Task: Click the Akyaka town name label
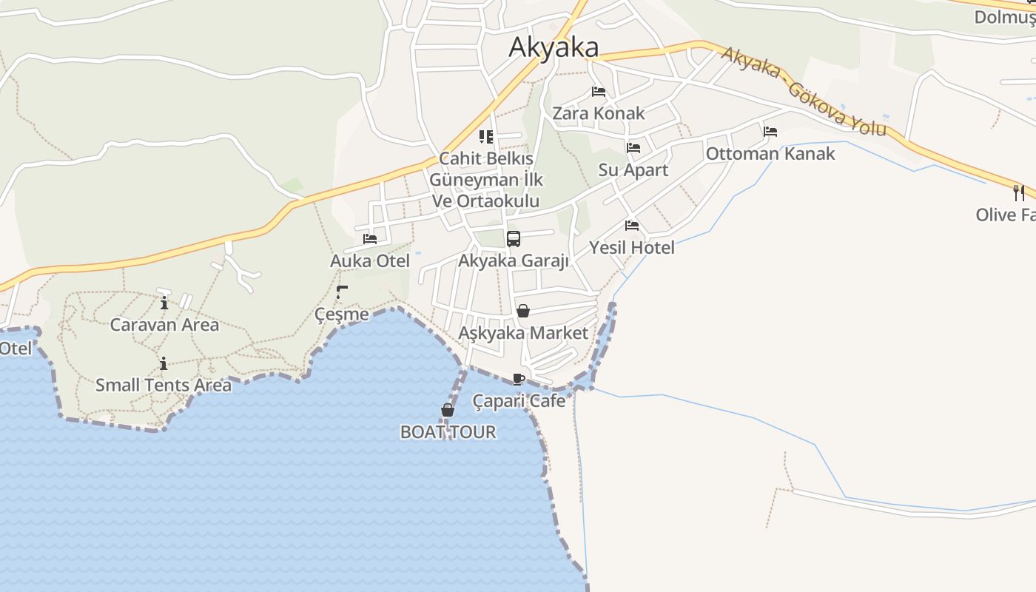(554, 47)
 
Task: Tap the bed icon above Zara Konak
(599, 92)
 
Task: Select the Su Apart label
(633, 169)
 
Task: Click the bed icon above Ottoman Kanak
(770, 132)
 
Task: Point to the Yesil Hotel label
(632, 247)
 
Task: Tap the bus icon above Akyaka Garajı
(514, 239)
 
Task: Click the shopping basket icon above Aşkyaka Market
(523, 311)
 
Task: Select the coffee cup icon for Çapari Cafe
(519, 380)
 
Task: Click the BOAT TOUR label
(448, 431)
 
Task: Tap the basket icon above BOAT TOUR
(447, 410)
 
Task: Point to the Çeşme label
(342, 314)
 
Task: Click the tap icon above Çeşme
(342, 292)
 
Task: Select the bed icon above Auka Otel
(370, 239)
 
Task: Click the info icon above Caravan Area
(164, 302)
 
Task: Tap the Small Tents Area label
(164, 385)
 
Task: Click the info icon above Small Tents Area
(164, 363)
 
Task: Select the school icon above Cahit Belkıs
(486, 137)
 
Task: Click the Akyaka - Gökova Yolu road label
(803, 92)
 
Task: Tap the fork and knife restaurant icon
(1020, 193)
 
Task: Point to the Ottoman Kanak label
(770, 153)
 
